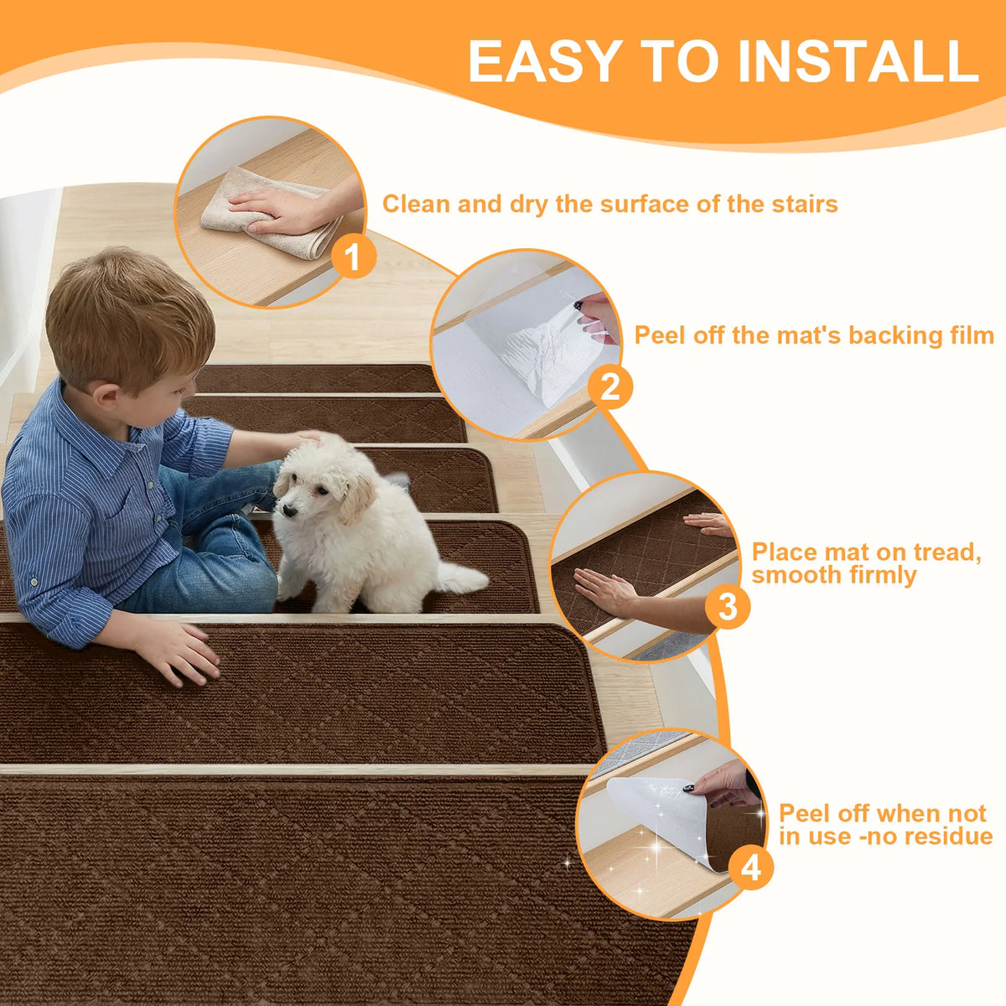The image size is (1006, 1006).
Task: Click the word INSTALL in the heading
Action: [858, 60]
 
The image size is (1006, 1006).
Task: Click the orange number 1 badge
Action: [354, 257]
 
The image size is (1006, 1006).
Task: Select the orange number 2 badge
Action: [609, 386]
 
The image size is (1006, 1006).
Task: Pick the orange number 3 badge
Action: [727, 607]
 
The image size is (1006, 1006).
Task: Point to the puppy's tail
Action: [462, 578]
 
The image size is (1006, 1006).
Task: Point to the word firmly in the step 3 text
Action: [881, 575]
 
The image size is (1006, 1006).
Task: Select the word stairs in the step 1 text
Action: [805, 204]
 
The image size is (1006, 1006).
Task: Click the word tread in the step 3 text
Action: [946, 552]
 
